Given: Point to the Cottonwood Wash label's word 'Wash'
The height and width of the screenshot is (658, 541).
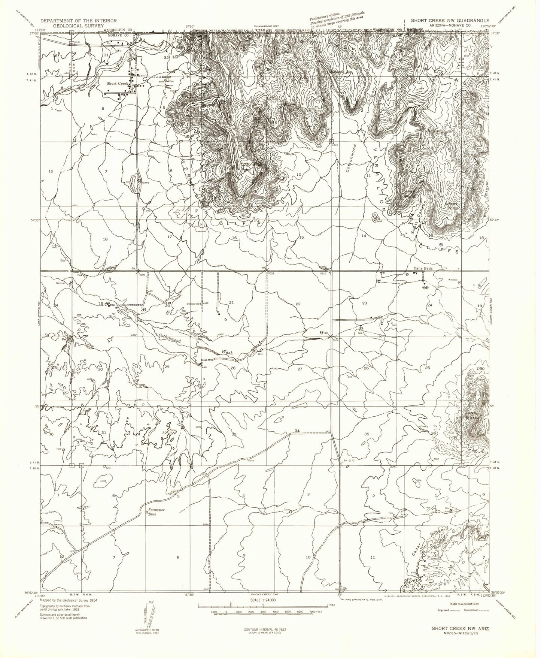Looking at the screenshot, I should [x=227, y=353].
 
